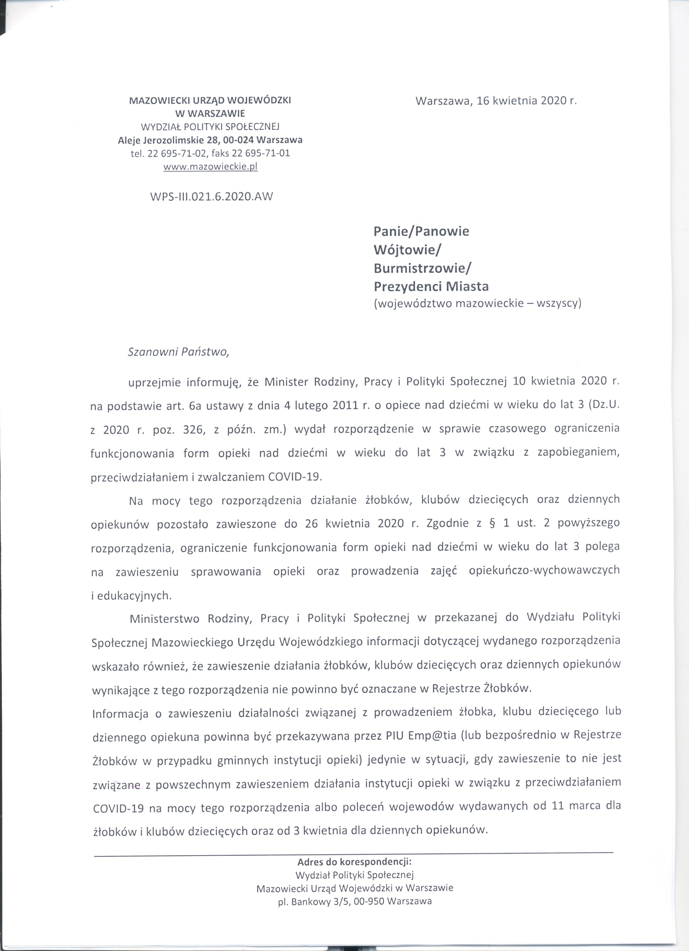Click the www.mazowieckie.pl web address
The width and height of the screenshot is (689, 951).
pos(210,166)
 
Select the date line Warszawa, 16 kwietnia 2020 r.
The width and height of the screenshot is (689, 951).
pos(496,101)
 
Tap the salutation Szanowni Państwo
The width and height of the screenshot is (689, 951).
pos(179,352)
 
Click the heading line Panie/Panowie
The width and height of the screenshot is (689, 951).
pos(421,231)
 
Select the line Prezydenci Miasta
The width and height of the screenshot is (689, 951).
pos(431,287)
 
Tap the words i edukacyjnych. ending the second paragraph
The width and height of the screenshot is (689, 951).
pos(131,596)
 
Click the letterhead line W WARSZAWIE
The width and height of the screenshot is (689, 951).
pos(210,114)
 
